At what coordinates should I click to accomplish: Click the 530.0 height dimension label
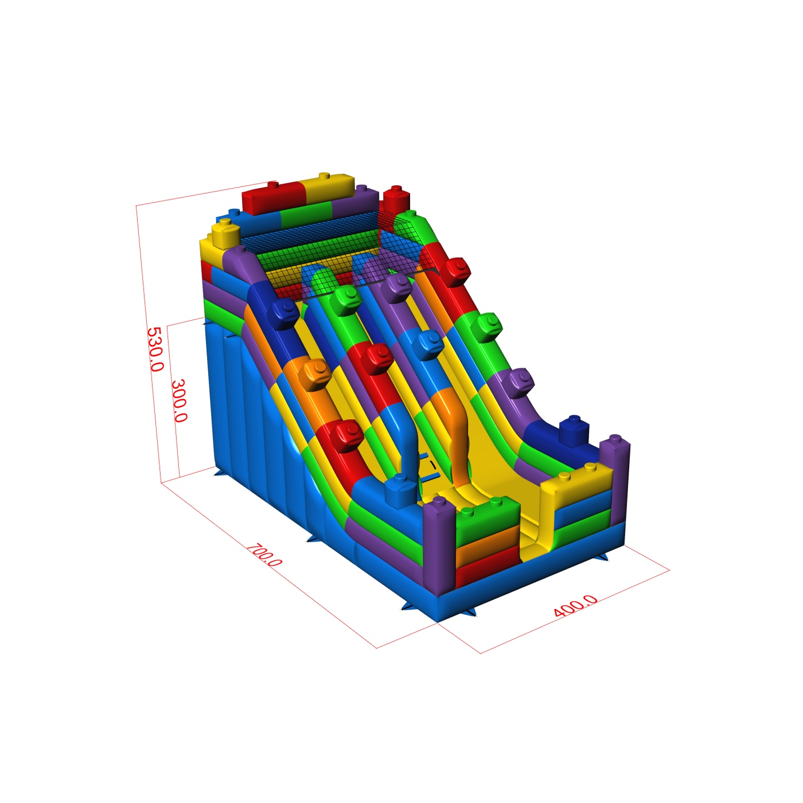click(155, 349)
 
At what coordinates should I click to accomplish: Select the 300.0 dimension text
click(180, 400)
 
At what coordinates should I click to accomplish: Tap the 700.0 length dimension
click(264, 555)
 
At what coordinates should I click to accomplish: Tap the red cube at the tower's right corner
click(396, 199)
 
